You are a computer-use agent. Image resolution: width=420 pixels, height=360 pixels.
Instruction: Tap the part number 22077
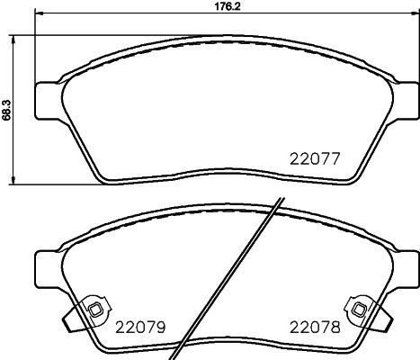pyautogui.click(x=314, y=159)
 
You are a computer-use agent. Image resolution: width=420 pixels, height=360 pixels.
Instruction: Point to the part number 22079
pyautogui.click(x=138, y=325)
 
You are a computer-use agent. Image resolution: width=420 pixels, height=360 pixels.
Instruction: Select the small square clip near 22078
pyautogui.click(x=360, y=310)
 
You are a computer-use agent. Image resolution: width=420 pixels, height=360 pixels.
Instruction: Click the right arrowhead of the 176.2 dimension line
pyautogui.click(x=407, y=15)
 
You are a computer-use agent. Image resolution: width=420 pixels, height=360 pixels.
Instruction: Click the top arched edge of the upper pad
pyautogui.click(x=221, y=38)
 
